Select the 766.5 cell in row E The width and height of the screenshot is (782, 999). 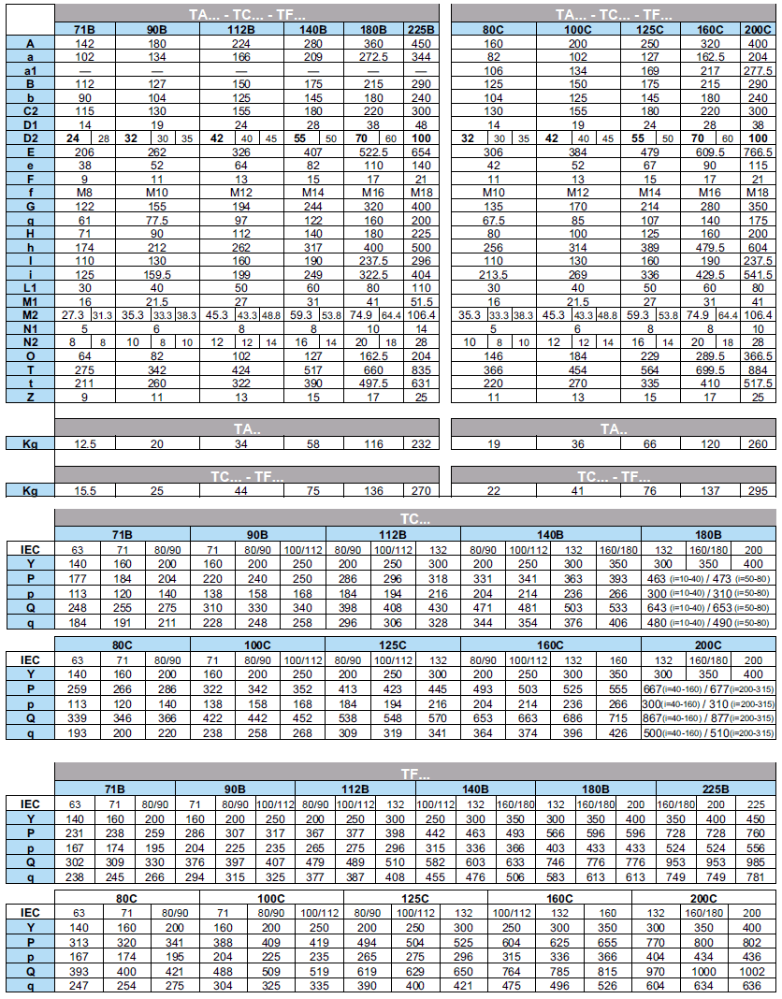click(x=757, y=152)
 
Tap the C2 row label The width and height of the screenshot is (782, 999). click(x=31, y=110)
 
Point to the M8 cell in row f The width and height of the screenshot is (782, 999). click(x=85, y=192)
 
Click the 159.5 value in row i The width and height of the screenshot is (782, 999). click(x=157, y=273)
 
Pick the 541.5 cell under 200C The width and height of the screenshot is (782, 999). click(x=757, y=273)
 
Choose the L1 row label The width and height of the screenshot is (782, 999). click(x=31, y=287)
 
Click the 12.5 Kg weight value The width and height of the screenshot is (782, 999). click(x=85, y=442)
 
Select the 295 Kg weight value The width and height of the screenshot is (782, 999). click(x=757, y=490)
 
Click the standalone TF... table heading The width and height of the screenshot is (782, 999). click(x=415, y=774)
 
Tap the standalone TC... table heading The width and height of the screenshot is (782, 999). click(x=415, y=517)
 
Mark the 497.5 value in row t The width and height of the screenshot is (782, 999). click(x=372, y=383)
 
